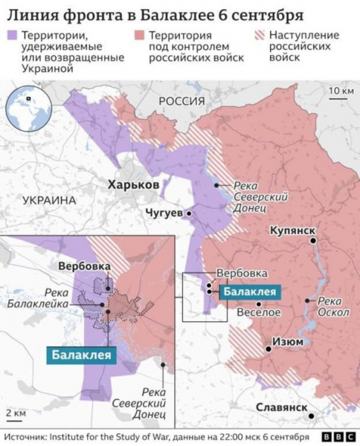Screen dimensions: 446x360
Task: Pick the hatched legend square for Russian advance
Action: [x=259, y=36]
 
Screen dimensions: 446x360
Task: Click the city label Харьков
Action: [x=132, y=184]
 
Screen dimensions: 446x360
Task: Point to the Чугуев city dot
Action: [x=190, y=213]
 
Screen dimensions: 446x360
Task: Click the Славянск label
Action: [x=280, y=408]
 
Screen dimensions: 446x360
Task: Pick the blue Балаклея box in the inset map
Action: [x=83, y=355]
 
